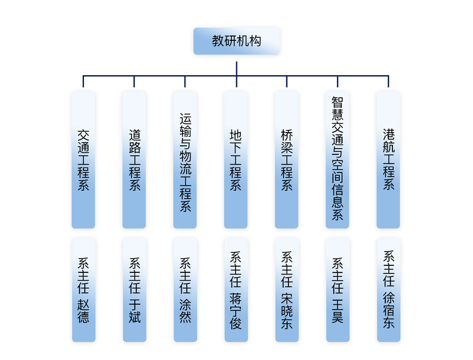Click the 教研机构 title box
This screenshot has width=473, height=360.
coord(236,41)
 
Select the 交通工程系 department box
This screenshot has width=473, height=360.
coord(83,160)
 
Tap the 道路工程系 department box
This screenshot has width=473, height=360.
coord(134,160)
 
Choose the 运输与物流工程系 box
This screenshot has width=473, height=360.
coord(185,160)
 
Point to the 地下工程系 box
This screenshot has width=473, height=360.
coord(236,160)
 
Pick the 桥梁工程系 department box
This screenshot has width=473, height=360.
coord(287,160)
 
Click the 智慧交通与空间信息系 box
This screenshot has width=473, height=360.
coord(337,160)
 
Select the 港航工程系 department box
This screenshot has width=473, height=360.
coord(388,160)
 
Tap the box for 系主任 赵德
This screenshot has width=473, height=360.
coord(83,290)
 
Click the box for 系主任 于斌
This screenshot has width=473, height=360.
coord(134,290)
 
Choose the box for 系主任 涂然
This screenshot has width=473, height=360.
coord(185,290)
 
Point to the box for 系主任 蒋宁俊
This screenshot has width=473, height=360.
coord(236,290)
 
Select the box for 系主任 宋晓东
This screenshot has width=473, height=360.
coord(287,290)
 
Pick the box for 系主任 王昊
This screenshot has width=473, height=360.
coord(337,290)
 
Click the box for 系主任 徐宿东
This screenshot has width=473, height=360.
coord(388,290)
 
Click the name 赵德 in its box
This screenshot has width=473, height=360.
coord(83,311)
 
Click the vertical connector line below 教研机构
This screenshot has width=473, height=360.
coord(236,65)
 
